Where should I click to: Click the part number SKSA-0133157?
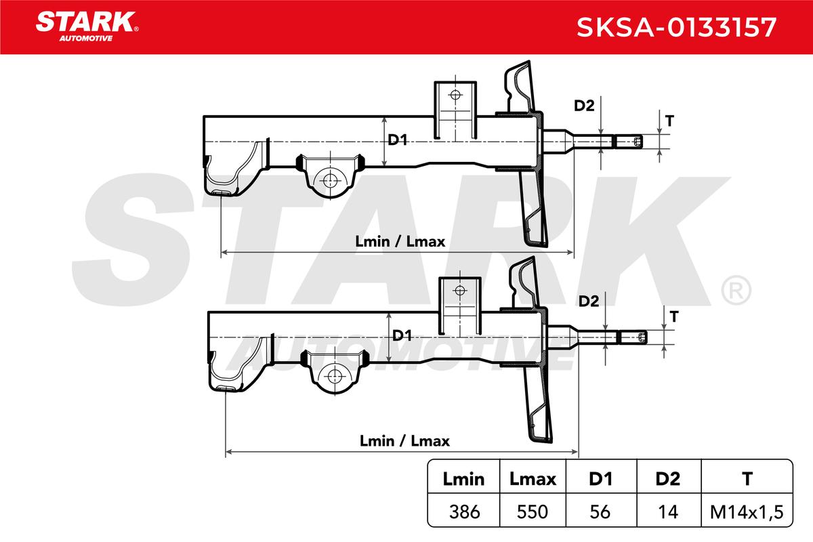(x=677, y=27)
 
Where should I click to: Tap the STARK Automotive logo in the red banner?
(x=87, y=26)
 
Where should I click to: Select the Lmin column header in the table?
(x=463, y=479)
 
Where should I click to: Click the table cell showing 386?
(x=465, y=512)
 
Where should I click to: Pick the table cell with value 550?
(x=533, y=512)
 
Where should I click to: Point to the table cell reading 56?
(x=600, y=512)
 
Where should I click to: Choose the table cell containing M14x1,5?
(x=747, y=512)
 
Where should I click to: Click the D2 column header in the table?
(x=668, y=479)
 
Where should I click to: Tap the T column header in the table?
(x=747, y=479)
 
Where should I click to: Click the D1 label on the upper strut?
(x=398, y=140)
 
